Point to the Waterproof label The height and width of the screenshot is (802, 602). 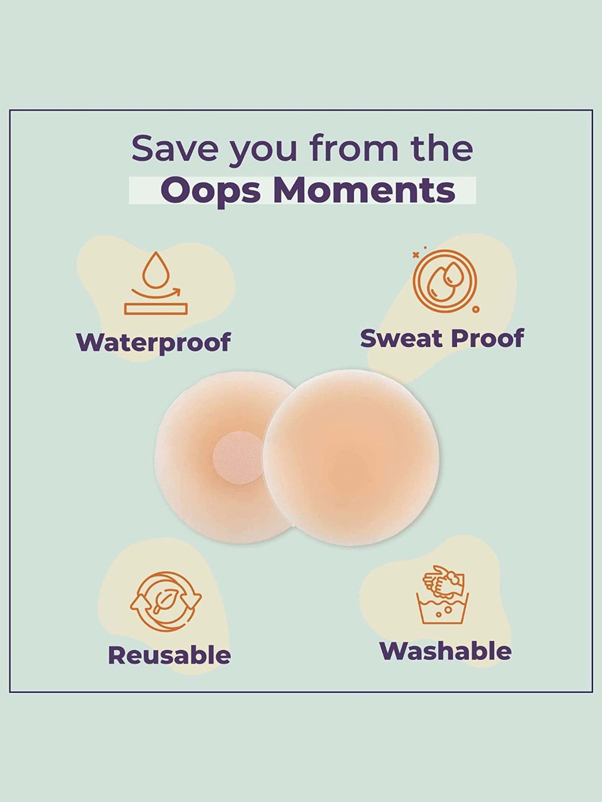[153, 342]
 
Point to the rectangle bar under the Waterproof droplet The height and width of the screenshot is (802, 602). [156, 309]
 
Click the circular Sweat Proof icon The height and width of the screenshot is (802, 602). [445, 281]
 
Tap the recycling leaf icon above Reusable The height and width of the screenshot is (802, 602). [165, 601]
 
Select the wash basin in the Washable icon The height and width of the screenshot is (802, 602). [442, 608]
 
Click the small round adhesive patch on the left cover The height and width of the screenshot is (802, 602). [238, 457]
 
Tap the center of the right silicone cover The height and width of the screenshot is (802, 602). [351, 458]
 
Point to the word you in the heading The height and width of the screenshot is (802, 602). [263, 152]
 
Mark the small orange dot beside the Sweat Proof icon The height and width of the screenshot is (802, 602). [476, 310]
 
